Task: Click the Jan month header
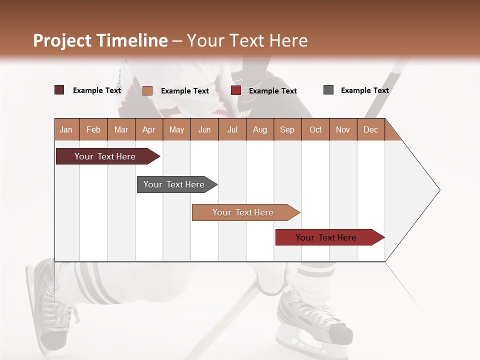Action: pyautogui.click(x=66, y=129)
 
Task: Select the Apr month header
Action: pyautogui.click(x=148, y=129)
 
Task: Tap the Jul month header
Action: pyautogui.click(x=232, y=129)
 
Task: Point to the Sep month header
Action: pyautogui.click(x=287, y=129)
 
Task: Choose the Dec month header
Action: pyautogui.click(x=370, y=129)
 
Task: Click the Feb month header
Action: pyautogui.click(x=93, y=129)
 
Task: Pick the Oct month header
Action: pyautogui.click(x=315, y=129)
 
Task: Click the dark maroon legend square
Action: pyautogui.click(x=59, y=90)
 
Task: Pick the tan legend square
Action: pyautogui.click(x=147, y=90)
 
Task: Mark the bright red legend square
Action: pyautogui.click(x=236, y=90)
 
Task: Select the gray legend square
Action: pyautogui.click(x=328, y=90)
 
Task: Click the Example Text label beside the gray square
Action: pyautogui.click(x=364, y=90)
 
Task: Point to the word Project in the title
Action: pyautogui.click(x=62, y=40)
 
